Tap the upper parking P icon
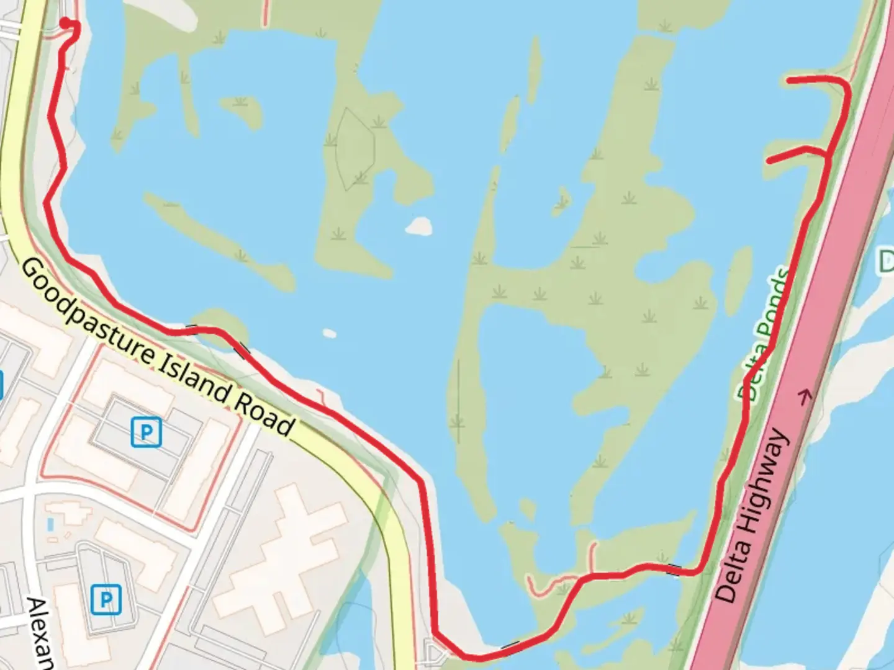(x=147, y=432)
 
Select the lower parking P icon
(x=106, y=599)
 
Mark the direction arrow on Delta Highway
(x=806, y=396)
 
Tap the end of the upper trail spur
(x=789, y=80)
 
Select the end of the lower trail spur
(x=770, y=161)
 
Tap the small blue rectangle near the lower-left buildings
(x=50, y=525)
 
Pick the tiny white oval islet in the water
(x=329, y=334)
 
